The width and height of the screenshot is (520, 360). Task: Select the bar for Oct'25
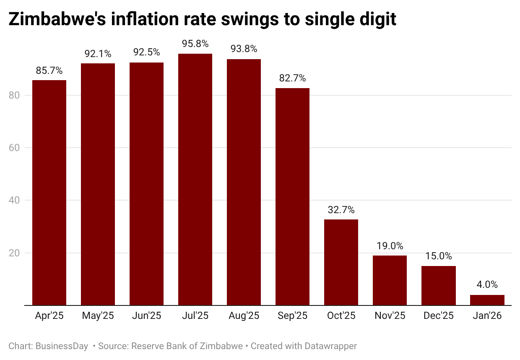[x=341, y=262]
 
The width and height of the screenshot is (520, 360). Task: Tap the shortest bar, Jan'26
[x=487, y=300]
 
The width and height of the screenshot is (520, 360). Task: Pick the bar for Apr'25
[x=49, y=193]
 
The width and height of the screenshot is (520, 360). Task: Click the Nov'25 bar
[x=390, y=280]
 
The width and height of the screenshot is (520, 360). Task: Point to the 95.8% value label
[x=195, y=44]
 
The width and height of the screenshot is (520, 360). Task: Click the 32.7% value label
[x=341, y=210]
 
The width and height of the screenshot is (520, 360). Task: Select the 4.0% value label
[x=487, y=285]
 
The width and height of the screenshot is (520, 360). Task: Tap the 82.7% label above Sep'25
[x=292, y=78]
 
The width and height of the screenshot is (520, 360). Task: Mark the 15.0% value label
[x=438, y=256]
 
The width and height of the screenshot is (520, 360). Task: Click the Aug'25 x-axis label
[x=244, y=316]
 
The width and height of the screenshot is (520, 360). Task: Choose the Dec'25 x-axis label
[x=438, y=316]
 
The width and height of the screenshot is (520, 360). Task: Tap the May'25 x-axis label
[x=98, y=316]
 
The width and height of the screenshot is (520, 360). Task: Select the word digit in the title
[x=375, y=19]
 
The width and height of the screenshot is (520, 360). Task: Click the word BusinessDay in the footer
[x=62, y=346]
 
